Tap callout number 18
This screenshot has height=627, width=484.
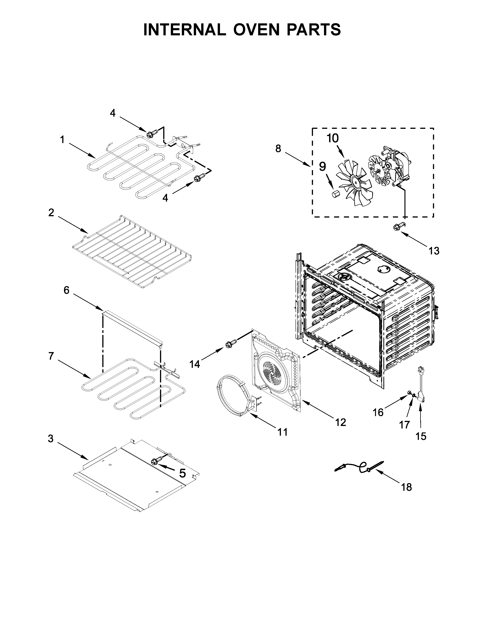pyautogui.click(x=407, y=487)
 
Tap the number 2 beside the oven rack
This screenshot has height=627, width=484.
pyautogui.click(x=51, y=213)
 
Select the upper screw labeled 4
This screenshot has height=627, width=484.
pyautogui.click(x=153, y=134)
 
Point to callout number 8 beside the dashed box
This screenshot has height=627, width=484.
pyautogui.click(x=278, y=149)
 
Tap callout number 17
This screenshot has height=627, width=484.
pyautogui.click(x=405, y=424)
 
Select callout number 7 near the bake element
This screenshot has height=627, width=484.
pyautogui.click(x=51, y=356)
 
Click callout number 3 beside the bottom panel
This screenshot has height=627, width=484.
pyautogui.click(x=50, y=439)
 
